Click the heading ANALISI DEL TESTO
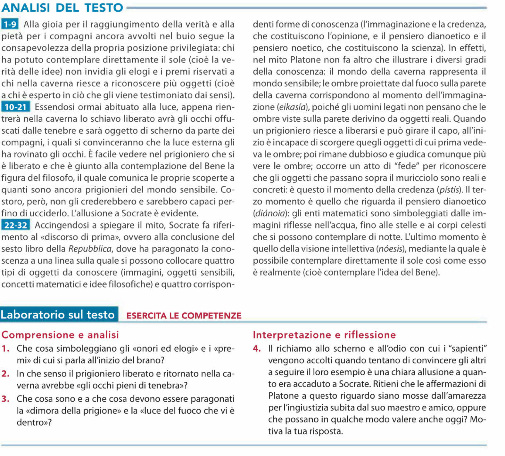point(62,8)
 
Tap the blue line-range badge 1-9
point(10,24)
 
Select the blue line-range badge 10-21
point(16,107)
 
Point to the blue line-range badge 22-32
point(16,225)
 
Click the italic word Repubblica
point(90,249)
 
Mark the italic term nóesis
point(390,249)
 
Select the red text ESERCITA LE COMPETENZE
point(184,316)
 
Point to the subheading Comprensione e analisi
point(60,335)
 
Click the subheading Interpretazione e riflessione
point(324,335)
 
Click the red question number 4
point(256,348)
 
